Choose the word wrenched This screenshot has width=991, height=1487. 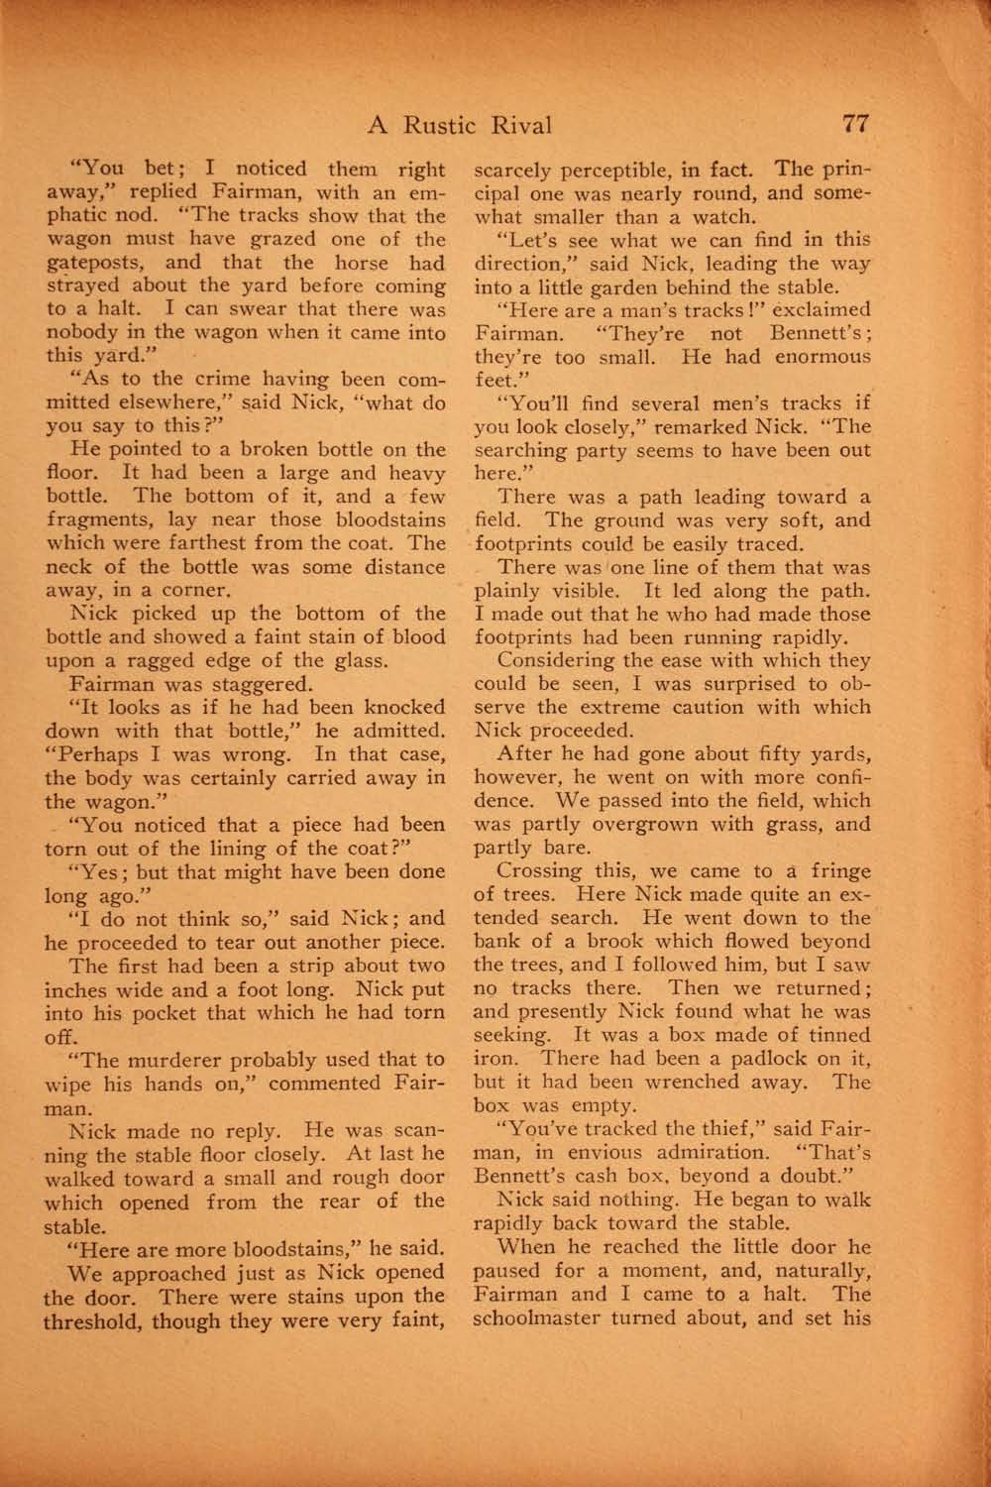pos(731,1082)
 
